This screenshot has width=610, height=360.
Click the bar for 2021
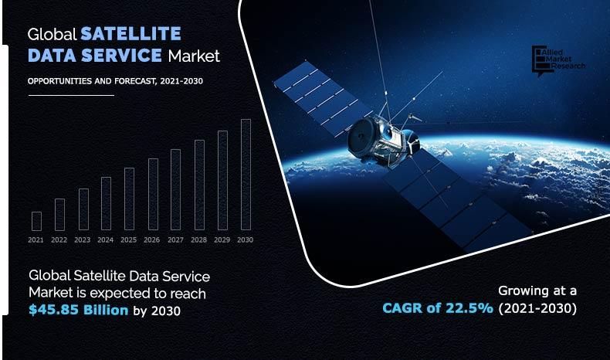tap(36, 221)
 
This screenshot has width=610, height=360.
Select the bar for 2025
tap(129, 199)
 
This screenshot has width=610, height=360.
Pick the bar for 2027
tap(175, 189)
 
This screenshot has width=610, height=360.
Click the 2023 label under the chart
tap(83, 240)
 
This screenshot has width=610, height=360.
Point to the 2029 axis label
tap(222, 240)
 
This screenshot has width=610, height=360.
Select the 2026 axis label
tap(152, 240)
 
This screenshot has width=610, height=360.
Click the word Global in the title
tap(51, 34)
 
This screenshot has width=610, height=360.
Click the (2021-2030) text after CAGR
tap(537, 308)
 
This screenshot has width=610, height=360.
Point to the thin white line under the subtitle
tap(70, 95)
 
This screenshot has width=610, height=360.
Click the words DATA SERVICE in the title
tap(96, 56)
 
